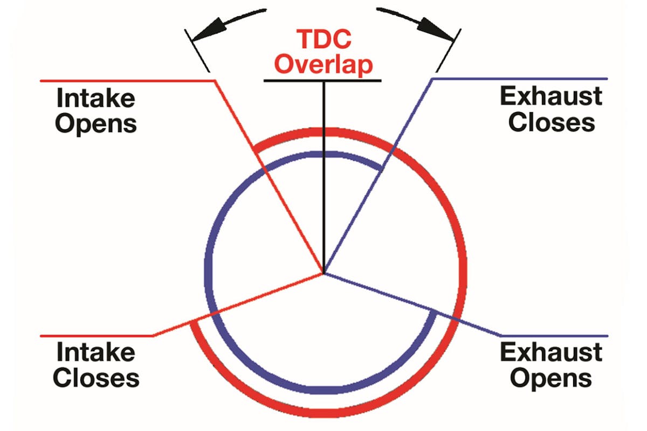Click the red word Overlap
tap(322, 65)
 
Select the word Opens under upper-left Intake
tap(96, 123)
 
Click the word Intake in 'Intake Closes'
tap(96, 353)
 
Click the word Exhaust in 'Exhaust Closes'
tap(550, 97)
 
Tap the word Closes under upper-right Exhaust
tap(550, 122)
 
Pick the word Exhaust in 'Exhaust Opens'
tap(550, 352)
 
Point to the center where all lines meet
tap(323, 274)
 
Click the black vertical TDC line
tap(323, 178)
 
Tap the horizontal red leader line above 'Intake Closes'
tap(97, 335)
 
